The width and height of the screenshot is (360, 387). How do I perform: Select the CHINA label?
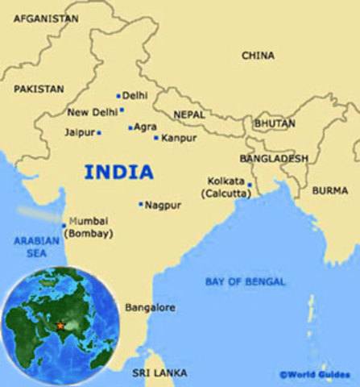[x=258, y=56]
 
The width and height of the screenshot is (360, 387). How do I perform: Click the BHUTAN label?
[x=275, y=124]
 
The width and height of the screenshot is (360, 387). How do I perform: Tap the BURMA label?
[x=330, y=191]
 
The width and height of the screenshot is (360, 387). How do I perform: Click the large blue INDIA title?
[x=118, y=172]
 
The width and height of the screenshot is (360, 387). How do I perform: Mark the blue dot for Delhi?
[x=118, y=95]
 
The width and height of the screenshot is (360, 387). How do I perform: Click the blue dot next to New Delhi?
[x=122, y=110]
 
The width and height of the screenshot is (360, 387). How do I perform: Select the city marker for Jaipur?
[x=99, y=132]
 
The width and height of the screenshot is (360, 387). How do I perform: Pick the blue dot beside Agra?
[x=130, y=127]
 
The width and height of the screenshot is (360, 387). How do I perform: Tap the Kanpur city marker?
[x=156, y=138]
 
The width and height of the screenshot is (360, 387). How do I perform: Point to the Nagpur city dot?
[x=141, y=204]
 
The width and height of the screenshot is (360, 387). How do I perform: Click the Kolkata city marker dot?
[x=250, y=185]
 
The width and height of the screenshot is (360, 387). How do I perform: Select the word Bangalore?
[x=150, y=308]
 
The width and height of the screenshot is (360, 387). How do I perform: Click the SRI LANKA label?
[x=159, y=372]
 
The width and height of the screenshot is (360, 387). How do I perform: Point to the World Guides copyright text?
[x=317, y=375]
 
